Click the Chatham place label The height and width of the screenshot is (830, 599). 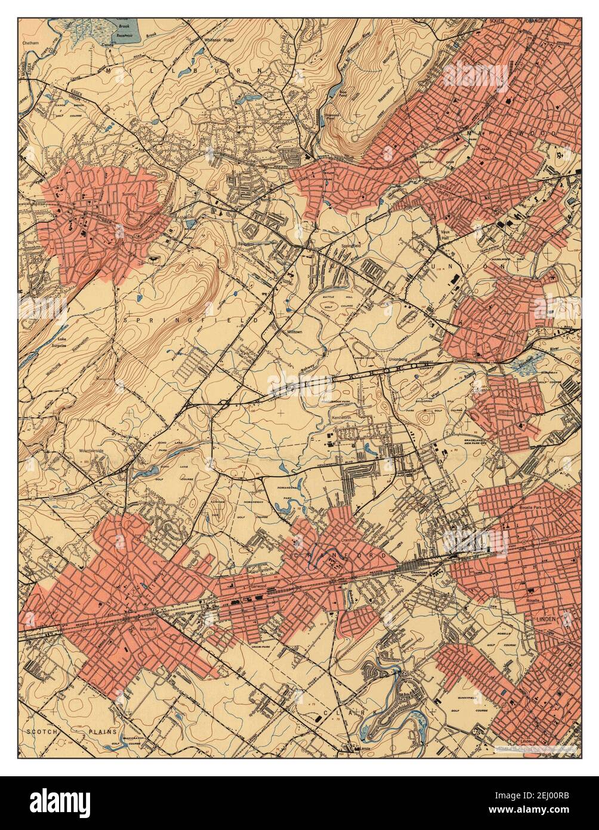point(30,44)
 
